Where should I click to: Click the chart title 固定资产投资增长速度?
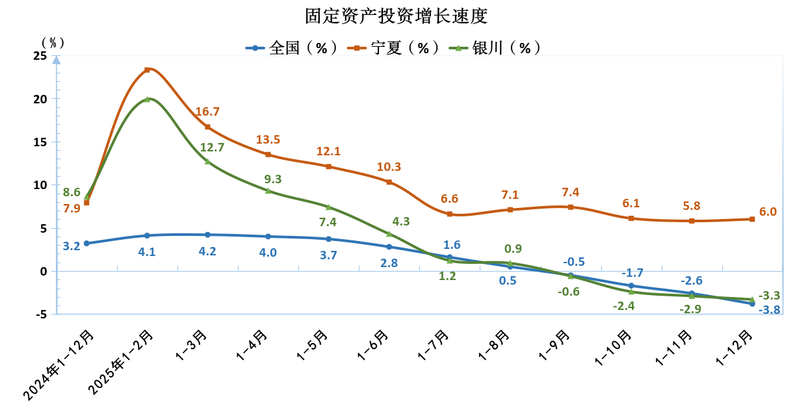pyautogui.click(x=396, y=16)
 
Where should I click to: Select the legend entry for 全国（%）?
pyautogui.click(x=292, y=48)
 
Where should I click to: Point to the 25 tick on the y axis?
pyautogui.click(x=40, y=56)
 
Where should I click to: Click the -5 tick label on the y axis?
pyautogui.click(x=40, y=315)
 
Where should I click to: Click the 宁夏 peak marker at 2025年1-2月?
pyautogui.click(x=147, y=70)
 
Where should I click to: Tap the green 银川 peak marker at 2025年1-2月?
pyautogui.click(x=147, y=99)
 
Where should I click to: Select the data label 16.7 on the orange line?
pyautogui.click(x=207, y=112)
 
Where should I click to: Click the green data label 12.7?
pyautogui.click(x=212, y=148)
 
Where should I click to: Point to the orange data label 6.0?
pyautogui.click(x=768, y=212)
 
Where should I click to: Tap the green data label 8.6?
pyautogui.click(x=71, y=192)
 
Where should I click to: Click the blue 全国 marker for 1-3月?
pyautogui.click(x=207, y=235)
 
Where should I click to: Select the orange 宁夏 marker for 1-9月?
pyautogui.click(x=571, y=207)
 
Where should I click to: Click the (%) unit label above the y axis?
pyautogui.click(x=53, y=42)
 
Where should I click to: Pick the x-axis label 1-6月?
pyautogui.click(x=374, y=344)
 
